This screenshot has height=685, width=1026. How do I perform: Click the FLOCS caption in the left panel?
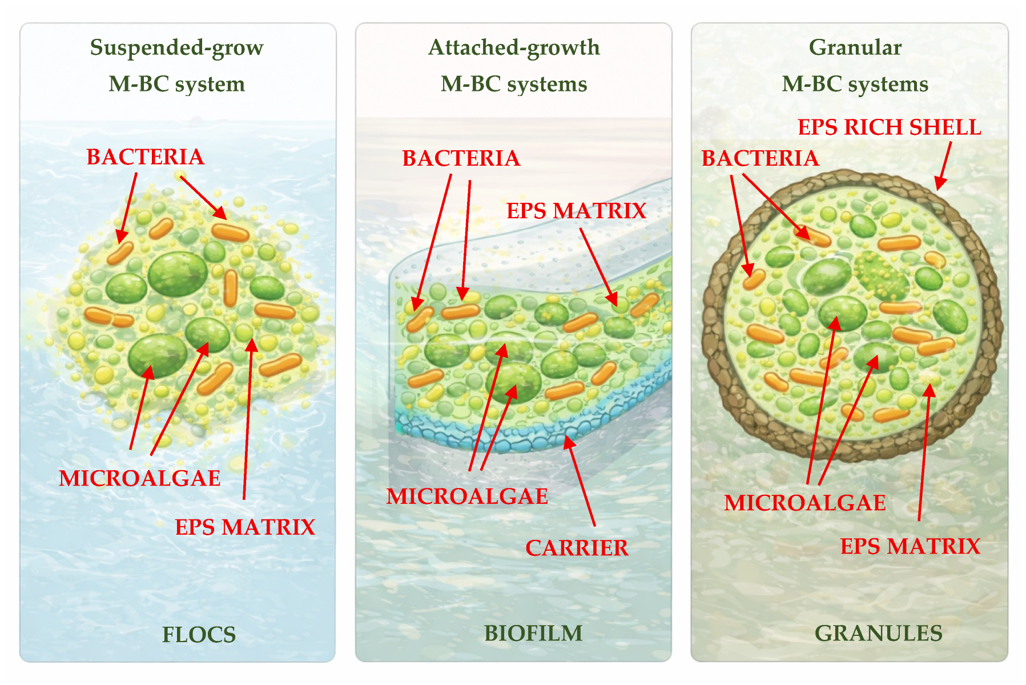(199, 635)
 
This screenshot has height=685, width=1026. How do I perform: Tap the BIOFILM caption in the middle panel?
(533, 633)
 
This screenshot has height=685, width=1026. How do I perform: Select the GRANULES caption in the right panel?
(878, 633)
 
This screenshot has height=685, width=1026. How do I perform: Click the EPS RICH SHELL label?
(889, 127)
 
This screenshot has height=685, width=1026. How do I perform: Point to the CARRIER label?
(577, 548)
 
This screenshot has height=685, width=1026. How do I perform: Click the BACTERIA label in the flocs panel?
(145, 157)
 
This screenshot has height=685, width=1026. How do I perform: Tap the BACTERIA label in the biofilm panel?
(461, 158)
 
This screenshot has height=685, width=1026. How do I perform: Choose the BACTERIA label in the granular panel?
(760, 158)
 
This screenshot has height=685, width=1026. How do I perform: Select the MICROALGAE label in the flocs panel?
(140, 478)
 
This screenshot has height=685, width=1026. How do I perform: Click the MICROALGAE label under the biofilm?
(467, 496)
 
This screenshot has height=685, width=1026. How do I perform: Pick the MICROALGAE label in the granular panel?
(805, 503)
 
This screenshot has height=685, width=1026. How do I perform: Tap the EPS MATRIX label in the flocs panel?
(245, 527)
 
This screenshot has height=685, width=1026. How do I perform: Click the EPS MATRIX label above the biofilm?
(576, 211)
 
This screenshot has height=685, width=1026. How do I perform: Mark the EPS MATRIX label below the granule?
(910, 546)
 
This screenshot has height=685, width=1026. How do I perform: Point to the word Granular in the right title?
(855, 47)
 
